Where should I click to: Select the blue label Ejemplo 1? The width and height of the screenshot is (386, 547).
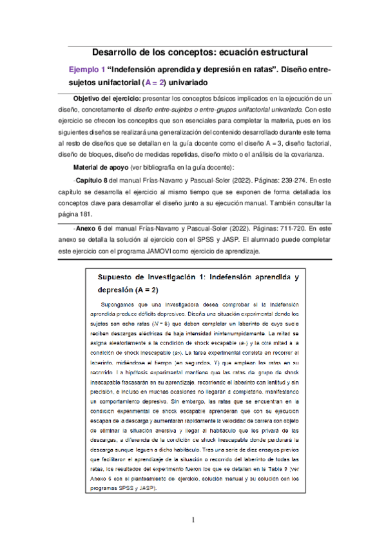click(86, 68)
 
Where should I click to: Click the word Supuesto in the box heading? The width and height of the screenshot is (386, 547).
click(116, 277)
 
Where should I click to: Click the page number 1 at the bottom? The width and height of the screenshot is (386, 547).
click(193, 520)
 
